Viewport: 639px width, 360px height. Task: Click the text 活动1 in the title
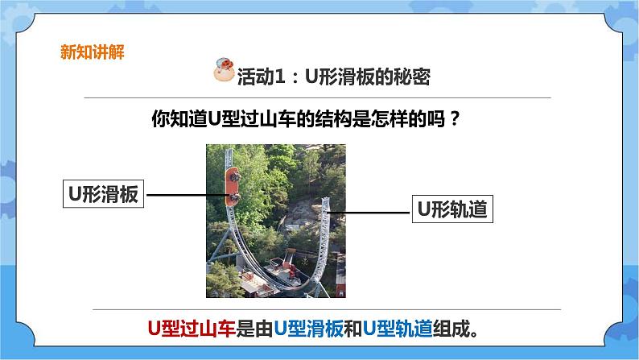pos(262,76)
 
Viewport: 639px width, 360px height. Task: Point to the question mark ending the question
pos(456,119)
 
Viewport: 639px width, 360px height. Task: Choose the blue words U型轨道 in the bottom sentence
pos(394,329)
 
